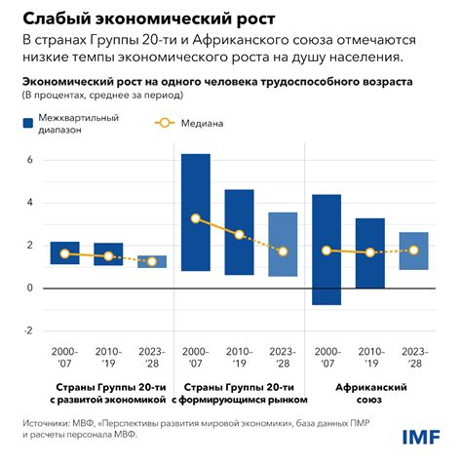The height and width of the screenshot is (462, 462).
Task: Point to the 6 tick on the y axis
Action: click(29, 160)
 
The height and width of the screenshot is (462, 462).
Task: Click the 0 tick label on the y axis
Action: click(29, 288)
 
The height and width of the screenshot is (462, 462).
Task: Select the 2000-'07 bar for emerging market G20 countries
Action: click(196, 212)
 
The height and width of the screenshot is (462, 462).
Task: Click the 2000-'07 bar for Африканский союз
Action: click(327, 250)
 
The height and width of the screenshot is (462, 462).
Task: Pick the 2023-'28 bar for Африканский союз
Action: click(414, 250)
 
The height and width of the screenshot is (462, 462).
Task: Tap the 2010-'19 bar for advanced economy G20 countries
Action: click(108, 253)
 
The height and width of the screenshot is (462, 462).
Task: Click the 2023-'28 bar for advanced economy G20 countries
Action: click(152, 261)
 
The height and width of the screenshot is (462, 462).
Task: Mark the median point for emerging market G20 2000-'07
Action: click(196, 218)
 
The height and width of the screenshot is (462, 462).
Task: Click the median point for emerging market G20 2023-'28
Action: click(283, 251)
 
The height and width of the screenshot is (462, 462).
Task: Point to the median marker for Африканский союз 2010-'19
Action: click(370, 252)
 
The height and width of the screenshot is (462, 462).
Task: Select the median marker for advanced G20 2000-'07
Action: click(65, 253)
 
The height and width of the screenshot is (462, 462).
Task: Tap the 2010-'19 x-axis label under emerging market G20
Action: click(239, 359)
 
